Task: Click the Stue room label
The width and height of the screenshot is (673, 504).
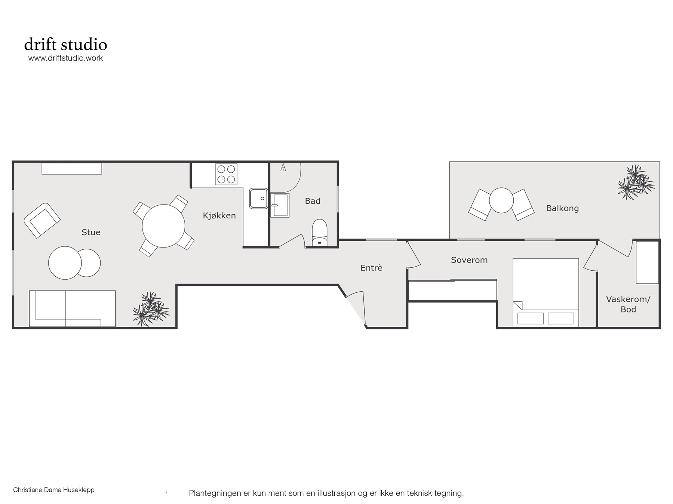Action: (91, 232)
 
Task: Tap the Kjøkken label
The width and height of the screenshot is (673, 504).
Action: (219, 215)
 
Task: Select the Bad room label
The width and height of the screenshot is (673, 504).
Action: (313, 201)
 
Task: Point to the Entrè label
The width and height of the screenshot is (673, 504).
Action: (371, 267)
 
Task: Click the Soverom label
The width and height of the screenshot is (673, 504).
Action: (469, 260)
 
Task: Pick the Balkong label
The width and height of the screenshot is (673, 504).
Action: (562, 208)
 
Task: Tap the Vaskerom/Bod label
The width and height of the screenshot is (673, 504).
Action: (628, 304)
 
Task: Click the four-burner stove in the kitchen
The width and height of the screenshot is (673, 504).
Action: (226, 174)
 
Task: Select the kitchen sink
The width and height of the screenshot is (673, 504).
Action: (258, 198)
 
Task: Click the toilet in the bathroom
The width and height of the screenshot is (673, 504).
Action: (319, 233)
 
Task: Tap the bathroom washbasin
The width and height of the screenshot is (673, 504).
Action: (280, 205)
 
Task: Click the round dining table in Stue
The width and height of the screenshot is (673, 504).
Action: (163, 226)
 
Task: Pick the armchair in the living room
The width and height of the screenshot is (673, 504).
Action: (42, 221)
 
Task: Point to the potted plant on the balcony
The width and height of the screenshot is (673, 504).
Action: (636, 182)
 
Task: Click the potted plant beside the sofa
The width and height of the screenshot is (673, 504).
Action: (151, 309)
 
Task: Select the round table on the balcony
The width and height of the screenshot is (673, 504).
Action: (501, 200)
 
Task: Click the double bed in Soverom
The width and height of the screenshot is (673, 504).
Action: (546, 292)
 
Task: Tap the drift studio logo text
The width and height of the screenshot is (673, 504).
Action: (66, 44)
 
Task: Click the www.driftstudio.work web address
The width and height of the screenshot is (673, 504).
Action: (65, 58)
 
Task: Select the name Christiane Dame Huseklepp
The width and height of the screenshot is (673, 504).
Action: (53, 490)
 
